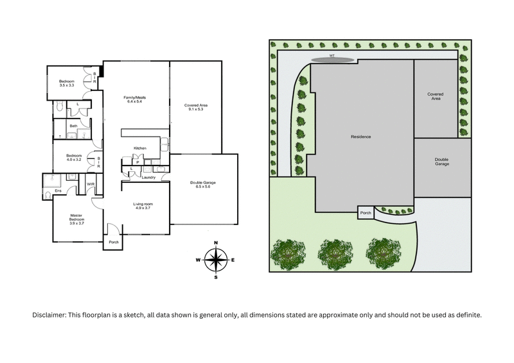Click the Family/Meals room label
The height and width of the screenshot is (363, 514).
[136, 97]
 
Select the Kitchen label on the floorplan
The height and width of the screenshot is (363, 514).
[140, 148]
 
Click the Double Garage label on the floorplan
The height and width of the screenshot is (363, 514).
[203, 183]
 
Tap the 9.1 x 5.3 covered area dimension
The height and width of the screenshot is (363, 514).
[196, 109]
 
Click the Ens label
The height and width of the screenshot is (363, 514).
[57, 190]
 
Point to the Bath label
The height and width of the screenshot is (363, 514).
[73, 126]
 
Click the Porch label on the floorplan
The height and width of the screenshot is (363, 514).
[114, 242]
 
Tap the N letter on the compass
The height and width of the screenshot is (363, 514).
[217, 242]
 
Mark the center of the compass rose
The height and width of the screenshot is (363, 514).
[217, 259]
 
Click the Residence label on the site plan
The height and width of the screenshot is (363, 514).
[361, 137]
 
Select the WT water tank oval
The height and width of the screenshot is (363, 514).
[333, 60]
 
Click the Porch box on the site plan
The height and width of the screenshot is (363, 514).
[366, 212]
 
